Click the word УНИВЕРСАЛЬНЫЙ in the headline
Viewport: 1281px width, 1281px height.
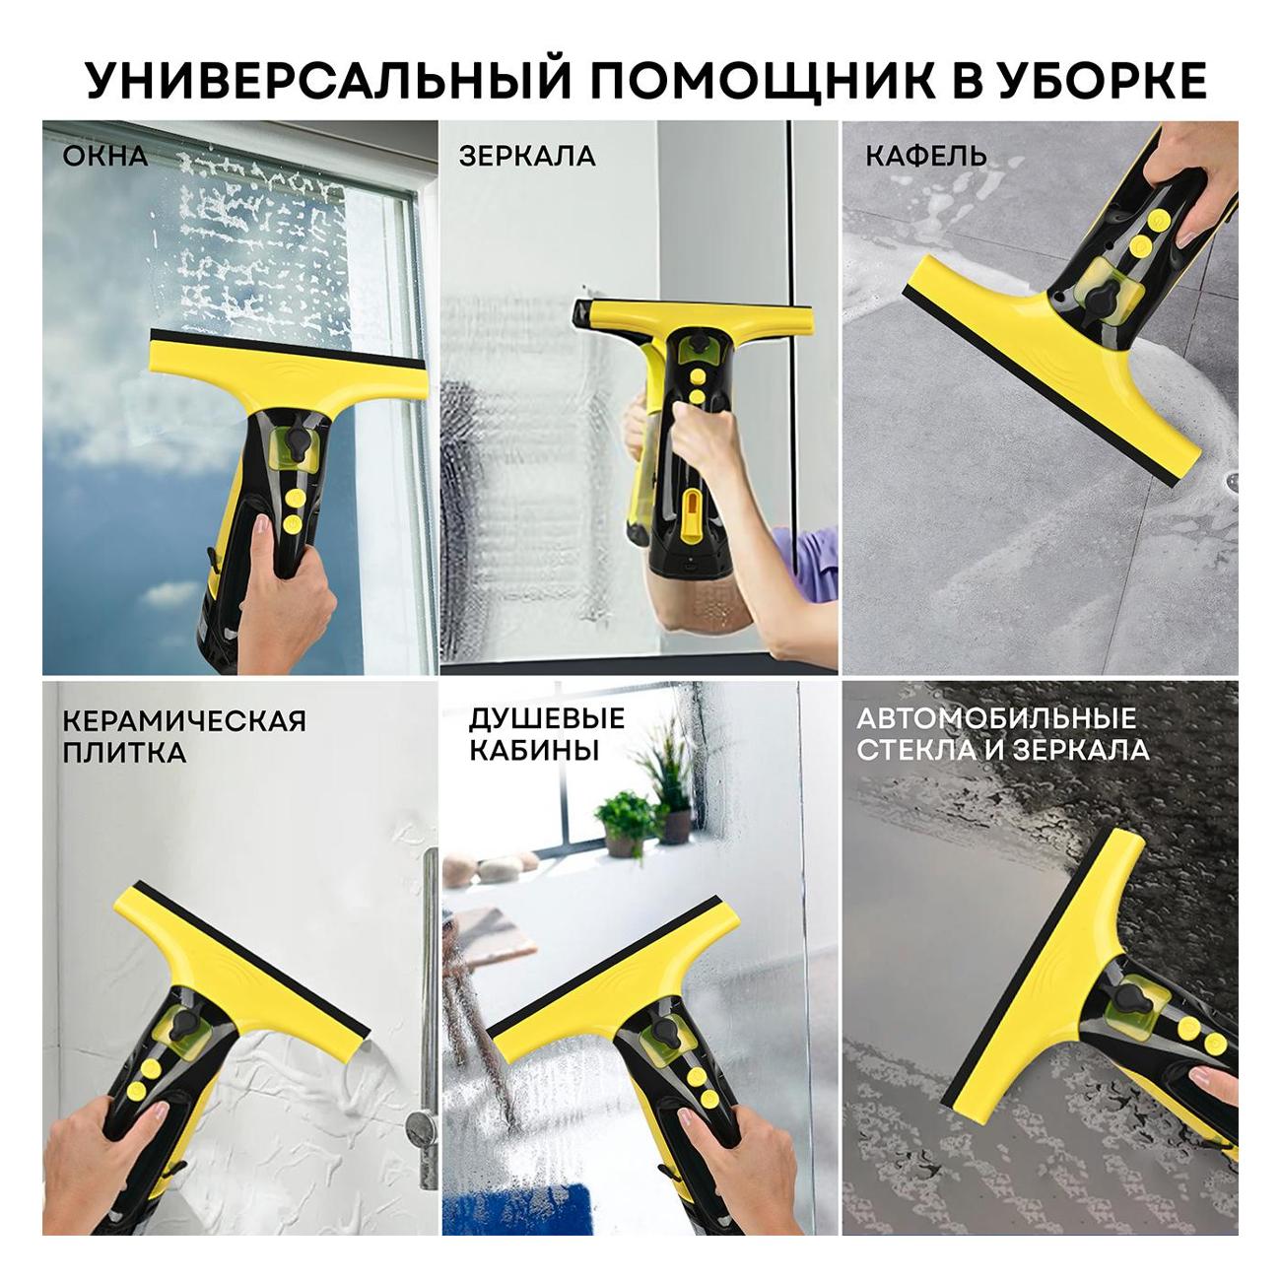coord(328,80)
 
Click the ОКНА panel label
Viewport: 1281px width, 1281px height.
coord(105,157)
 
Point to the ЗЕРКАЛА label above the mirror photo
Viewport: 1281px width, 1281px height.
coord(527,157)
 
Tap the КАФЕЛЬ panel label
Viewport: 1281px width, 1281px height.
coord(926,157)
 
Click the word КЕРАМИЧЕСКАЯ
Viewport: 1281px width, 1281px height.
coord(184,721)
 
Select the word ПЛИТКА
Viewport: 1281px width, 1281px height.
coord(124,754)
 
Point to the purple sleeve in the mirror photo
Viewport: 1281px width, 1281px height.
coord(812,563)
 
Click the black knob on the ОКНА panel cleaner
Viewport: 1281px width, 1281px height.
coord(295,441)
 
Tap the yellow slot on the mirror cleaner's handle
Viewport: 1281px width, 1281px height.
coord(693,516)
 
